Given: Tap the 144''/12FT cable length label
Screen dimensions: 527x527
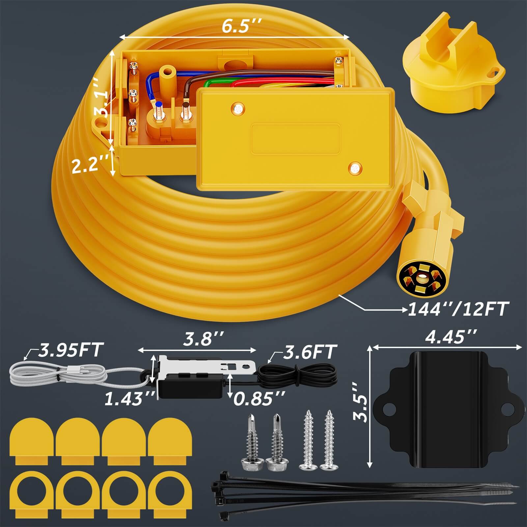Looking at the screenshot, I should (457, 309).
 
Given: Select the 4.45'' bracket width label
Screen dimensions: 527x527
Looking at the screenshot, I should (451, 337).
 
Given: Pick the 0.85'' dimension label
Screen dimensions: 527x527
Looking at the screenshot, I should (259, 398).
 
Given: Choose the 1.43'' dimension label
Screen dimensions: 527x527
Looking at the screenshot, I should (129, 399).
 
